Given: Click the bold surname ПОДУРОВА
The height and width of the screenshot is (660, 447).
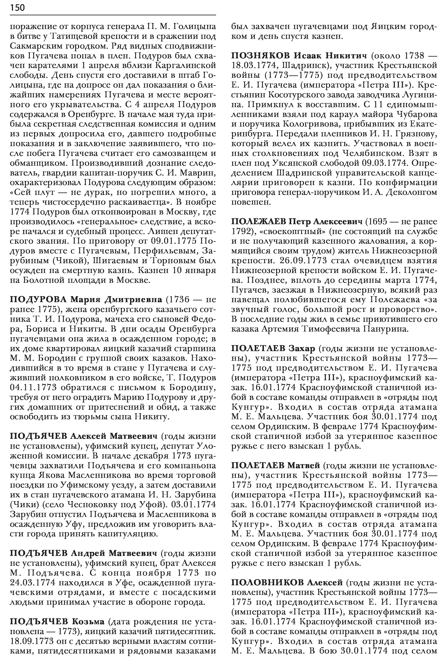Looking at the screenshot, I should tap(38, 299).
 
